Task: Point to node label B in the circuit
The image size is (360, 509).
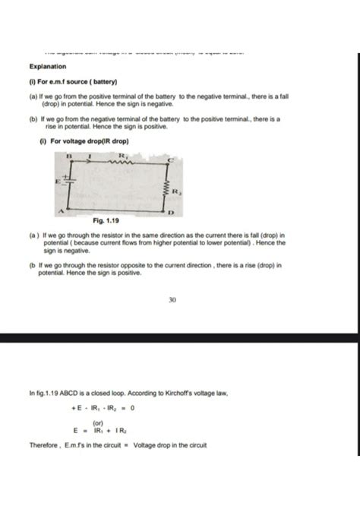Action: [68, 153]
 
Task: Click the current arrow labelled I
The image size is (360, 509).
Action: [90, 154]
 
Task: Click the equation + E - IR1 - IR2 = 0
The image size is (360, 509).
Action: [102, 407]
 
